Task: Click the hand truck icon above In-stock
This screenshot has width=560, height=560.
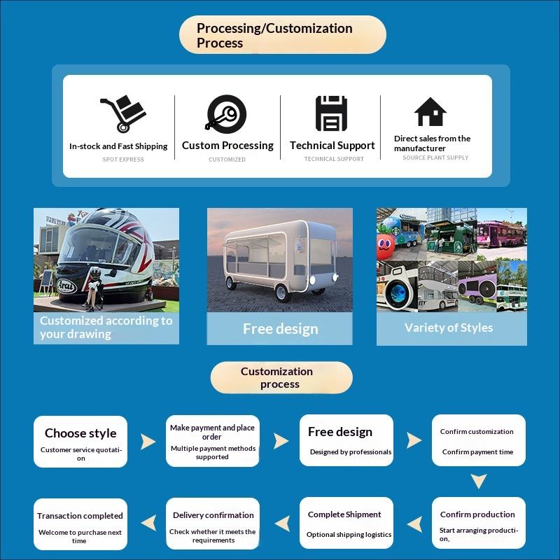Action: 122,114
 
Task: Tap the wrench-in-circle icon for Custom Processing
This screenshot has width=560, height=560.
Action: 226,113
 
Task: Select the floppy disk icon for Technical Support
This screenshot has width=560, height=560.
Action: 331,113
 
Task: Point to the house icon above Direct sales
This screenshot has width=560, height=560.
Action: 430,112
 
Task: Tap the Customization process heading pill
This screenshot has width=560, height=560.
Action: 281,378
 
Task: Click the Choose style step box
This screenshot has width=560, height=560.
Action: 80,441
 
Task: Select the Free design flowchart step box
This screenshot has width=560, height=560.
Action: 346,441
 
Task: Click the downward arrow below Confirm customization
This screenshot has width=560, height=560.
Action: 478,482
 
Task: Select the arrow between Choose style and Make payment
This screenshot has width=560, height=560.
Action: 148,442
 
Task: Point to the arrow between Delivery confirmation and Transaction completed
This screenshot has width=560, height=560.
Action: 148,523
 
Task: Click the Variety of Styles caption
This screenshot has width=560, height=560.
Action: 449,328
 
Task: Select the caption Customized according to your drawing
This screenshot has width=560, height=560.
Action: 106,328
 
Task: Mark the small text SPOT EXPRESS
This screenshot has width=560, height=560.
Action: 122,160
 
